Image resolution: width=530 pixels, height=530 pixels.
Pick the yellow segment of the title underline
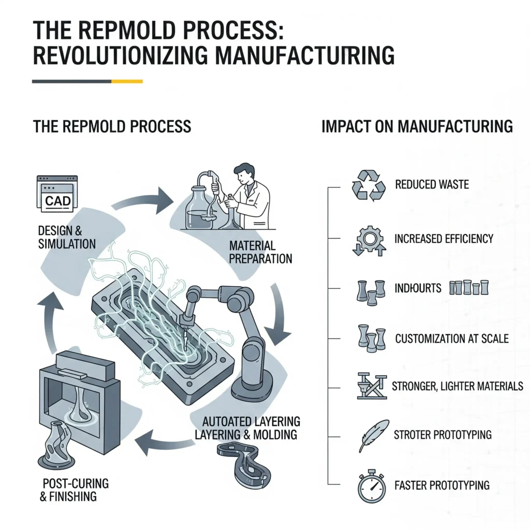tap(127, 81)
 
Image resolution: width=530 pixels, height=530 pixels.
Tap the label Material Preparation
tap(260, 252)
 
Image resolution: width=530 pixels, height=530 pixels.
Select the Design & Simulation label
tap(67, 237)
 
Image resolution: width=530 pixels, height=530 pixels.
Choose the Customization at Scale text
tap(451, 339)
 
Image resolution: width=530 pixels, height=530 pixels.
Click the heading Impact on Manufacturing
tap(417, 126)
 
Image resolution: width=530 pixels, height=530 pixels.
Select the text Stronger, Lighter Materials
tap(458, 386)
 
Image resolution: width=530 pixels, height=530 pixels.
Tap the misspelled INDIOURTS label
tap(418, 288)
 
